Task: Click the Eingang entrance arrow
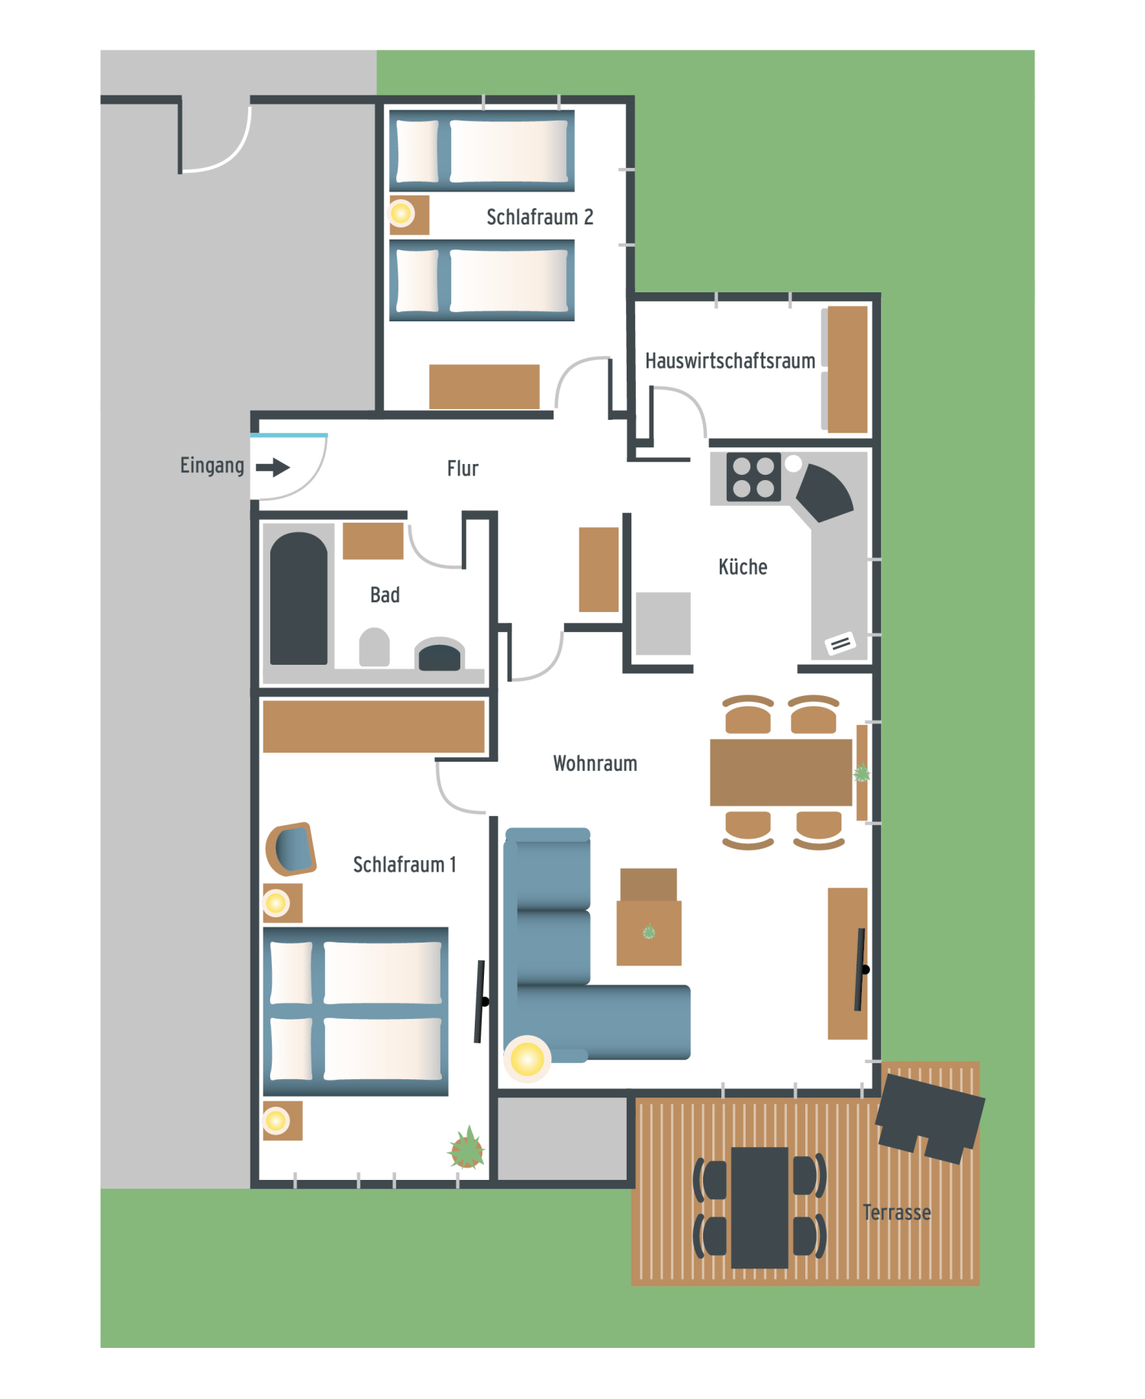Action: [273, 467]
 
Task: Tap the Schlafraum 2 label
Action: [540, 218]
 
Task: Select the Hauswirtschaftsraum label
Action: [730, 361]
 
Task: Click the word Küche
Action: [743, 567]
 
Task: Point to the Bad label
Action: [385, 595]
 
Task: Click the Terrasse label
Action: [896, 1213]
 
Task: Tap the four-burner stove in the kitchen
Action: [753, 478]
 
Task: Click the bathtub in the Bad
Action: [298, 598]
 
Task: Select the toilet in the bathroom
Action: [374, 647]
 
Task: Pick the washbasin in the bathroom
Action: [439, 655]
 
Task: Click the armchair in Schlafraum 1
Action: [291, 849]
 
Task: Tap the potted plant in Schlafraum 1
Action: [466, 1149]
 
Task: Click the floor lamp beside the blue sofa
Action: [527, 1059]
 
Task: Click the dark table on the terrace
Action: [760, 1207]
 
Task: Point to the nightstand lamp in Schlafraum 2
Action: [401, 213]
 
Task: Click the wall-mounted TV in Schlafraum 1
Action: [481, 1001]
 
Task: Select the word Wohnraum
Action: [595, 764]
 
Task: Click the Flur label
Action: [463, 469]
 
